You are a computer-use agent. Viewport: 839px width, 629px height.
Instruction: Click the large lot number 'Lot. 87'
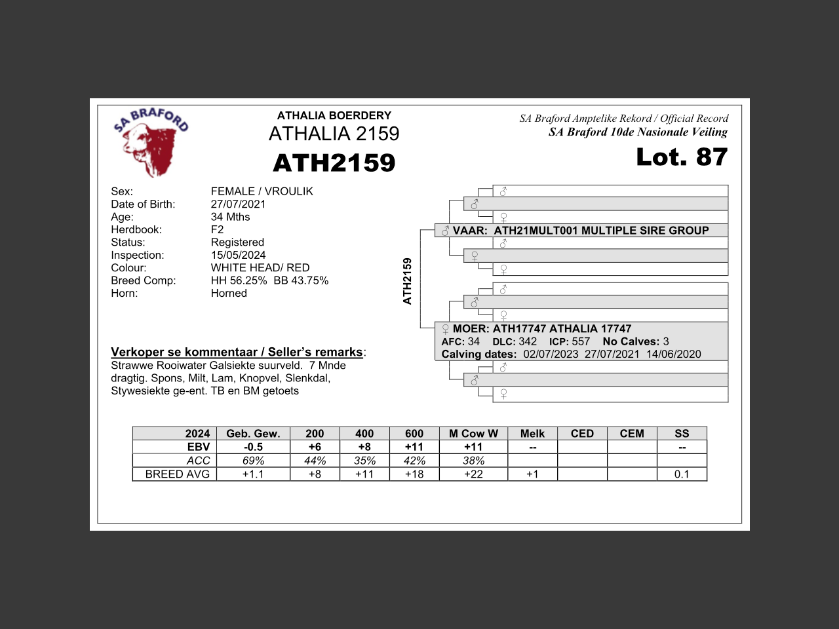tap(682, 157)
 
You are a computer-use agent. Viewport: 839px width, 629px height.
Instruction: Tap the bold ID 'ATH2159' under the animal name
tap(334, 163)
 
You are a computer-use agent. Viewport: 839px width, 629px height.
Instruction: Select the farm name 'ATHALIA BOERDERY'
tap(334, 115)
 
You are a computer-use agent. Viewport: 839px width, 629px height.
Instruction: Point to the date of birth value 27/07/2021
tap(238, 204)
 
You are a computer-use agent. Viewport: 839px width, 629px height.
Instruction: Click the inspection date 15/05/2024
tap(238, 256)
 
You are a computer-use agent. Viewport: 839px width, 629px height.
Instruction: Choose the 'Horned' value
tap(229, 294)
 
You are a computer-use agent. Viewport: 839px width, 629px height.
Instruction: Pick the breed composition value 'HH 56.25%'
tap(239, 280)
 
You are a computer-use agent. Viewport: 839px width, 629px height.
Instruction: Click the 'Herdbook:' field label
tap(136, 230)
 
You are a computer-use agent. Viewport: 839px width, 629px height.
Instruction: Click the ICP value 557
tap(581, 341)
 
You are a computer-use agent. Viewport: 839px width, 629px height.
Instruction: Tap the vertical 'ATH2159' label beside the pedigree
tap(407, 281)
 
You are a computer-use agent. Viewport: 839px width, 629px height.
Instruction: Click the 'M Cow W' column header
tap(473, 434)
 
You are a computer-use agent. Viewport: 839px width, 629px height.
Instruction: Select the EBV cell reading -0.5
tap(253, 447)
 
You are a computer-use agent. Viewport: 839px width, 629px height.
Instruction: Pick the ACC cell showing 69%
tap(253, 461)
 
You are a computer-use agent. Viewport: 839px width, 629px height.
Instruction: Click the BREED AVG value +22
tap(473, 474)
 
